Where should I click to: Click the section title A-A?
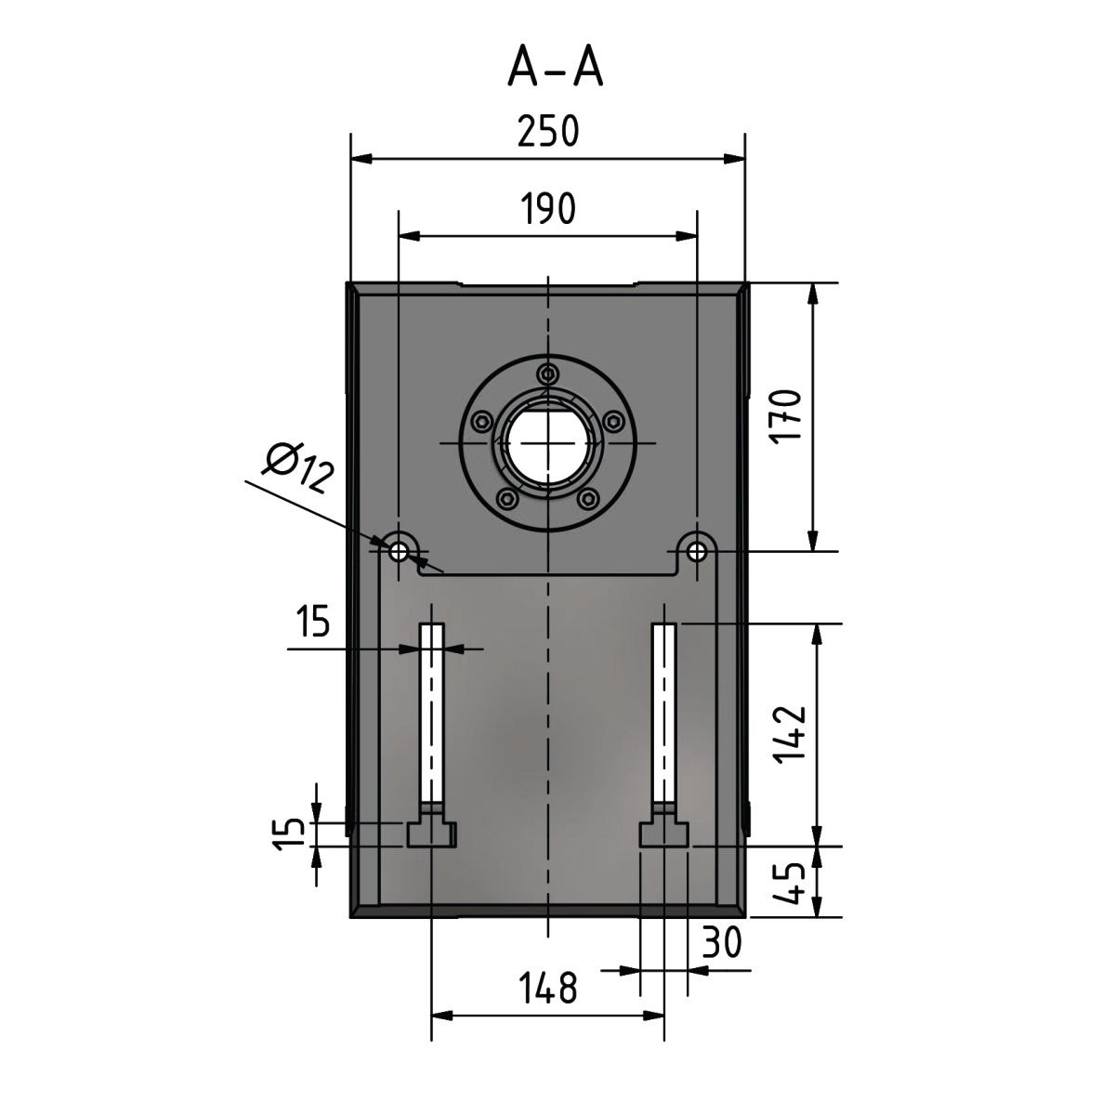click(x=555, y=67)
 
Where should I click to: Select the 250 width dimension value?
click(x=548, y=131)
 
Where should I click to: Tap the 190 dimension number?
click(x=548, y=208)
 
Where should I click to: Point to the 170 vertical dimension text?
click(x=787, y=416)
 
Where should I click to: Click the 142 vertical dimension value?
click(x=791, y=734)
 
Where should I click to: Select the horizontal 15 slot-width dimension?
click(x=313, y=621)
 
